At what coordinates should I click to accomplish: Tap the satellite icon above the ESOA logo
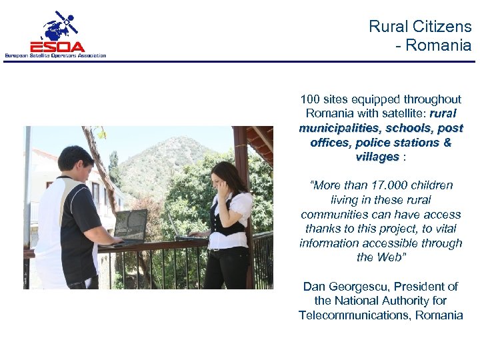(x=61, y=25)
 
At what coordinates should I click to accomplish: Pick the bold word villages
(x=377, y=157)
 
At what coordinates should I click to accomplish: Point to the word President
(x=419, y=287)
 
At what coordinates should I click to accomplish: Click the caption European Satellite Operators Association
(x=55, y=55)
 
